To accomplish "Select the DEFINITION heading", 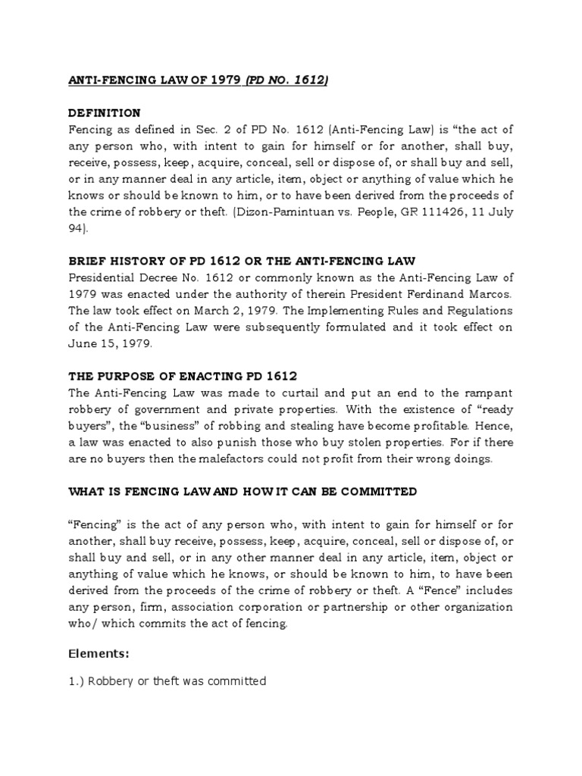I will click(105, 113).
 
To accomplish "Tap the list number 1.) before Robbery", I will click(76, 681).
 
